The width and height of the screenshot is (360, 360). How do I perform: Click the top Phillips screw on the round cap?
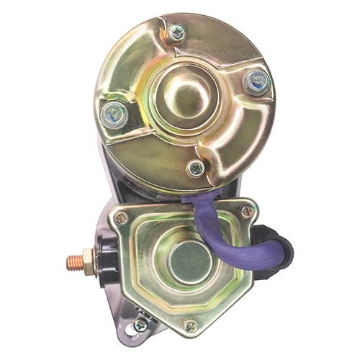tap(175, 32)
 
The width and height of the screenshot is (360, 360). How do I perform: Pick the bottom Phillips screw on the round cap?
tap(195, 168)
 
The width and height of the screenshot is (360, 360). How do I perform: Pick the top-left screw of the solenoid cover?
tap(122, 217)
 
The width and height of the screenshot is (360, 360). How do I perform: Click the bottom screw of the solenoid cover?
tap(190, 325)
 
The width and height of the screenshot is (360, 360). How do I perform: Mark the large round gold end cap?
tap(144, 65)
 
